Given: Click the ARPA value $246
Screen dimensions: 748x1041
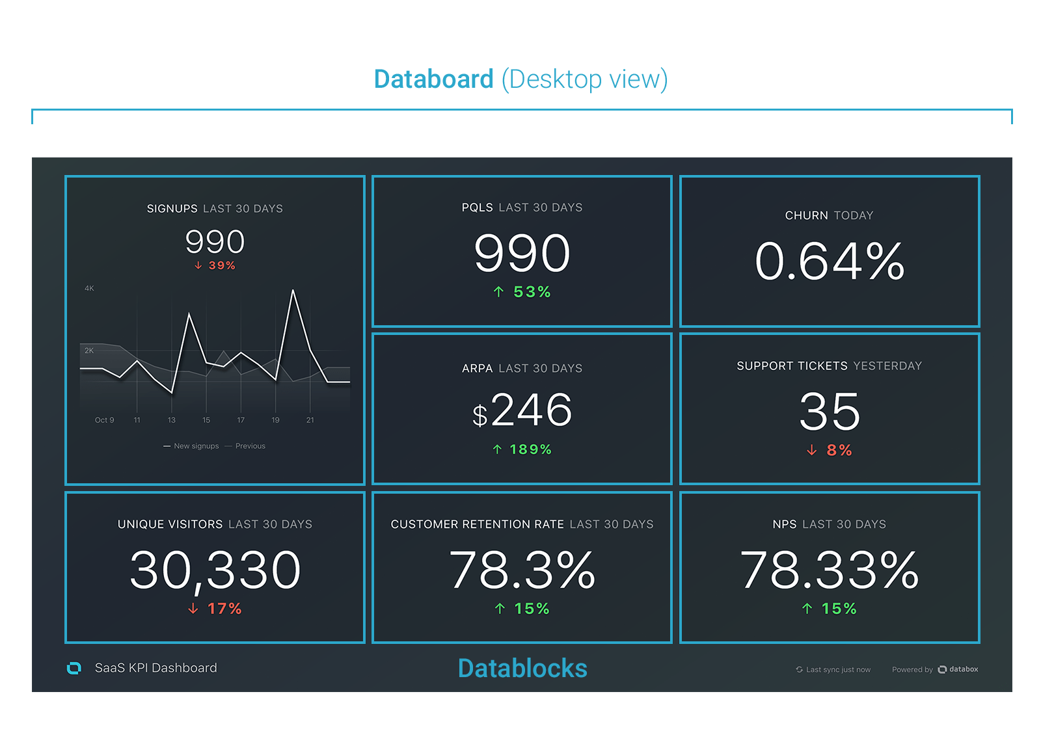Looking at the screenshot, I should [522, 410].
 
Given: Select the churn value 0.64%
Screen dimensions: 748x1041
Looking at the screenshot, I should [830, 261].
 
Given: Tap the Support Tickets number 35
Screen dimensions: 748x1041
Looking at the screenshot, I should [830, 412].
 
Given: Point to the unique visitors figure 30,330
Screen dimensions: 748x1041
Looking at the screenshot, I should [215, 570].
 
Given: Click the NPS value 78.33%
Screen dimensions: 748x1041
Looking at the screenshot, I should [830, 570].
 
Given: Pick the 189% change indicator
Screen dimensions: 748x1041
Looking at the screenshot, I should [522, 449].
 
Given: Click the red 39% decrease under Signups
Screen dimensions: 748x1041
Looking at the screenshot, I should [215, 265].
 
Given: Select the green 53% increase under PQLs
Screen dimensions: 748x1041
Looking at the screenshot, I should [522, 292].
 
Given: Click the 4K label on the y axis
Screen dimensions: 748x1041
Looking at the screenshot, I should [89, 288].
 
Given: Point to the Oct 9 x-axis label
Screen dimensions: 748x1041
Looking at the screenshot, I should [104, 420].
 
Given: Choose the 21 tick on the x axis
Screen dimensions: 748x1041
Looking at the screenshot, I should [310, 420].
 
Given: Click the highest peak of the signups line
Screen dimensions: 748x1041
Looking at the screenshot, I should [293, 291].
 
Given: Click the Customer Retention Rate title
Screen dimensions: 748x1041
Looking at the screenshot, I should [477, 524].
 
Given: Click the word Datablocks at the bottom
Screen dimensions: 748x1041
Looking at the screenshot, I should [522, 669].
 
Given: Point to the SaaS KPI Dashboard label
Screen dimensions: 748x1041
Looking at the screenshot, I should [155, 668].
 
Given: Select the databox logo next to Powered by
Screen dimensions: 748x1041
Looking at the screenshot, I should [958, 669].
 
